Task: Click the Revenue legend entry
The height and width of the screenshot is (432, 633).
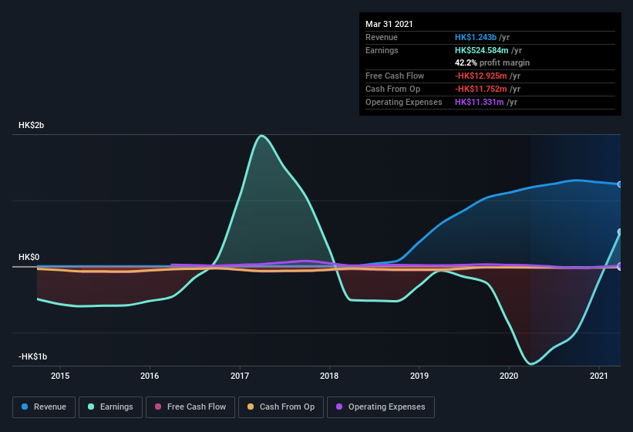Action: [44, 407]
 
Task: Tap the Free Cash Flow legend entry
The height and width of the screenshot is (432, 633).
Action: [190, 407]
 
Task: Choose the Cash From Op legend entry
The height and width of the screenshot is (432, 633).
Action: [281, 407]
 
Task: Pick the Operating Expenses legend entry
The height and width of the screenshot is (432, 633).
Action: [380, 407]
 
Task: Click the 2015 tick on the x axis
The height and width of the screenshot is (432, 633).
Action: [60, 376]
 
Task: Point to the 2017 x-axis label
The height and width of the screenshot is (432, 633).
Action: [240, 376]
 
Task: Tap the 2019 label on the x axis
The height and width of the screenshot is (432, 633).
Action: [419, 376]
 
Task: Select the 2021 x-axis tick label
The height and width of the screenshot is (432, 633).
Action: [599, 376]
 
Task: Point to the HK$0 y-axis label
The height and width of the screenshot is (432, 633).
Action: [29, 257]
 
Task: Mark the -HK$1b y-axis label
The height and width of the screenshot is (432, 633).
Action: [33, 356]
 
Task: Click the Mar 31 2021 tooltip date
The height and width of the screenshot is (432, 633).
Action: [389, 24]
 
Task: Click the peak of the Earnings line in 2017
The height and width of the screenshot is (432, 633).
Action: [262, 136]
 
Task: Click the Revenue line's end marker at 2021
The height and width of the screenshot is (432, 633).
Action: [620, 184]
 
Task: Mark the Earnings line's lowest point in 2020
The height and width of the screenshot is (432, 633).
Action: [531, 363]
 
